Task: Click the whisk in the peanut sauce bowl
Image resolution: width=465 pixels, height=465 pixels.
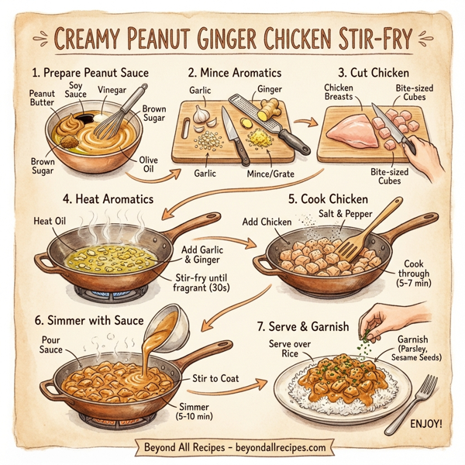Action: (x=124, y=116)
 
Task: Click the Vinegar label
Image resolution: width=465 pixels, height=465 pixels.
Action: (x=110, y=91)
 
